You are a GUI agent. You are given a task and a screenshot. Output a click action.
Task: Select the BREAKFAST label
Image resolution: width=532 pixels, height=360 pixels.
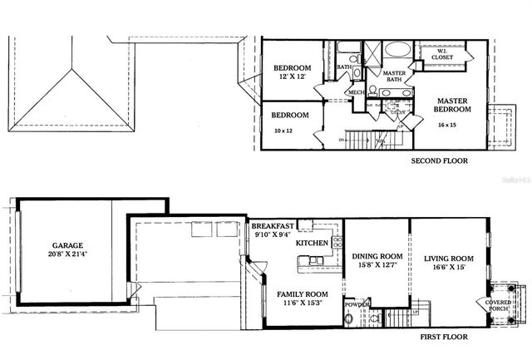[x=273, y=226]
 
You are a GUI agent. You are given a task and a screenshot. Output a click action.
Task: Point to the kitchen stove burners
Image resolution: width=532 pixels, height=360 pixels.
[x=337, y=243]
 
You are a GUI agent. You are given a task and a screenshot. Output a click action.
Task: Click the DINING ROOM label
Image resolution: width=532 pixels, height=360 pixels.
[x=377, y=256]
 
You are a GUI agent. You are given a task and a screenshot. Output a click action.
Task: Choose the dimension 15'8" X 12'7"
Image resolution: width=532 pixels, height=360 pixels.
[x=377, y=266]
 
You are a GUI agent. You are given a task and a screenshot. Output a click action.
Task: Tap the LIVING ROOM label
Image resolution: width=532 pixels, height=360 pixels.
[x=449, y=258]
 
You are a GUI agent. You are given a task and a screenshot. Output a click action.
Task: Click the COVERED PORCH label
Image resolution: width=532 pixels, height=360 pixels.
[x=499, y=306]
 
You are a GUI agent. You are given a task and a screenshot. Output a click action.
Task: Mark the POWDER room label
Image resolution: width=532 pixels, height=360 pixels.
[x=357, y=304]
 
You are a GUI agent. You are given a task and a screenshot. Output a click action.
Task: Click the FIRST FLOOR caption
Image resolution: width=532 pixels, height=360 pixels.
[x=444, y=338]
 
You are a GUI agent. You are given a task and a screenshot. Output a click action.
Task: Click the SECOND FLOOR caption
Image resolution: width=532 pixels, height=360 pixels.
[x=440, y=161]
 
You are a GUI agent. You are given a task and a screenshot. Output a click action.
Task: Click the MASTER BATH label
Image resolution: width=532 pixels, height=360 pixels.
[x=393, y=76]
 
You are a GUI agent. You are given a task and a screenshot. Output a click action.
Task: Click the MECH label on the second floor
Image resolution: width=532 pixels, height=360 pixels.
[x=357, y=92]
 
